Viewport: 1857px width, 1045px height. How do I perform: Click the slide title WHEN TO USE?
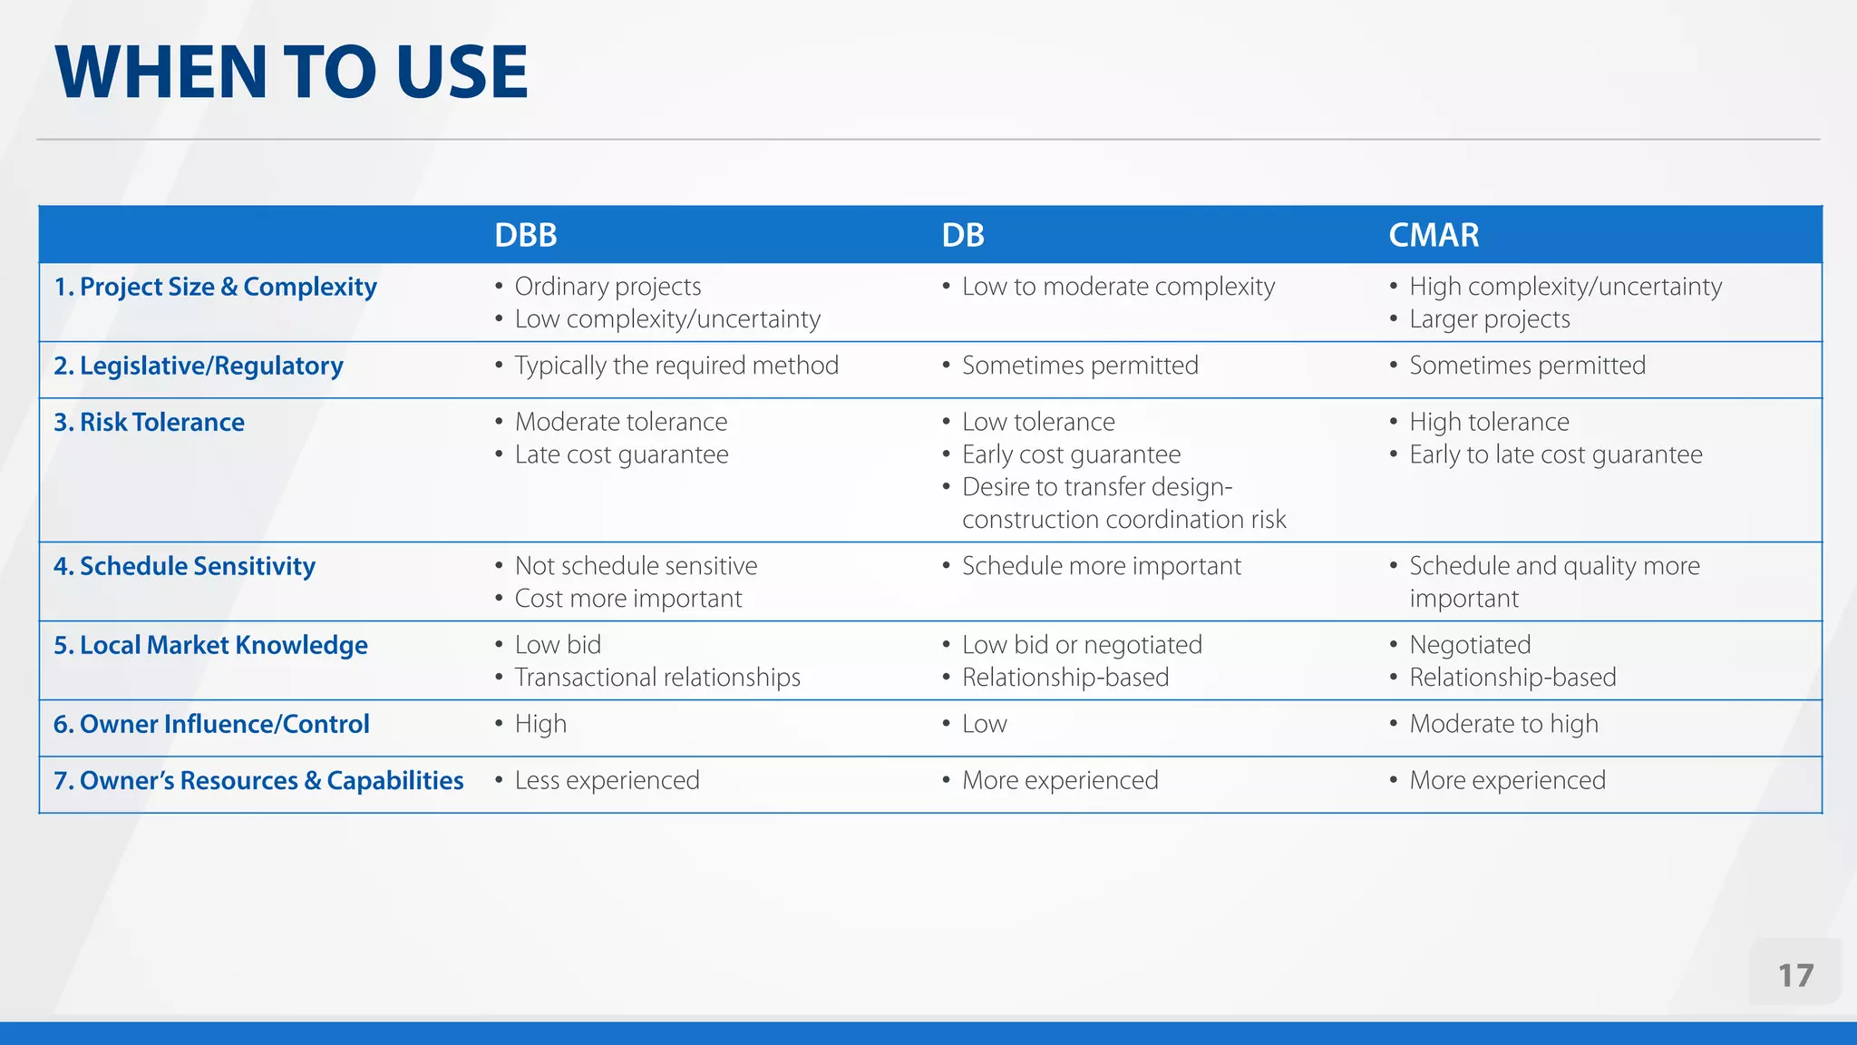click(x=291, y=73)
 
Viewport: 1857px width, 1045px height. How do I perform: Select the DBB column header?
click(x=525, y=235)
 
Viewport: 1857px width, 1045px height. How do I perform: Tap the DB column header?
click(x=962, y=235)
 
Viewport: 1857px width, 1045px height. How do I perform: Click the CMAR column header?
click(x=1434, y=235)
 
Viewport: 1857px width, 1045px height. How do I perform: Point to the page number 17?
click(x=1795, y=975)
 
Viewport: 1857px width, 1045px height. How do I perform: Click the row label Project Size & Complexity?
click(x=215, y=287)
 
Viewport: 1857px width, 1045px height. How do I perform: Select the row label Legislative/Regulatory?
click(x=198, y=366)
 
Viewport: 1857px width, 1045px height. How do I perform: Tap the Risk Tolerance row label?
click(x=149, y=422)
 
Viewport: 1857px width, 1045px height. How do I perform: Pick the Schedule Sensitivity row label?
click(x=184, y=566)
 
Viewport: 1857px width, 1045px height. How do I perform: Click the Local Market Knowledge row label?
click(x=210, y=645)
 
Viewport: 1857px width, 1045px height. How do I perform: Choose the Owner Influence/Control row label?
click(x=211, y=724)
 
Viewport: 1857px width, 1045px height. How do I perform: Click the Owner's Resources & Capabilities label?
click(x=258, y=780)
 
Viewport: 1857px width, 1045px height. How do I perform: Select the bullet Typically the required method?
click(x=676, y=366)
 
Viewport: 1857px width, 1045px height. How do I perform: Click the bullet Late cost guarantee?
click(x=621, y=454)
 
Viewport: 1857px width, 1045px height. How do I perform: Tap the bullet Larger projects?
click(x=1490, y=319)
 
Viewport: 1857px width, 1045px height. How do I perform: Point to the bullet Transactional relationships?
click(x=657, y=678)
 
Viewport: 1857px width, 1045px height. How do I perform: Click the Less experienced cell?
click(x=607, y=780)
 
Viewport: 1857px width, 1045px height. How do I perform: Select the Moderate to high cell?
click(x=1503, y=724)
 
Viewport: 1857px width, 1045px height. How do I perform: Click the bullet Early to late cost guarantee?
click(x=1555, y=454)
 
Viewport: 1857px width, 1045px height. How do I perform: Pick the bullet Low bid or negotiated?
click(x=1082, y=645)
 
